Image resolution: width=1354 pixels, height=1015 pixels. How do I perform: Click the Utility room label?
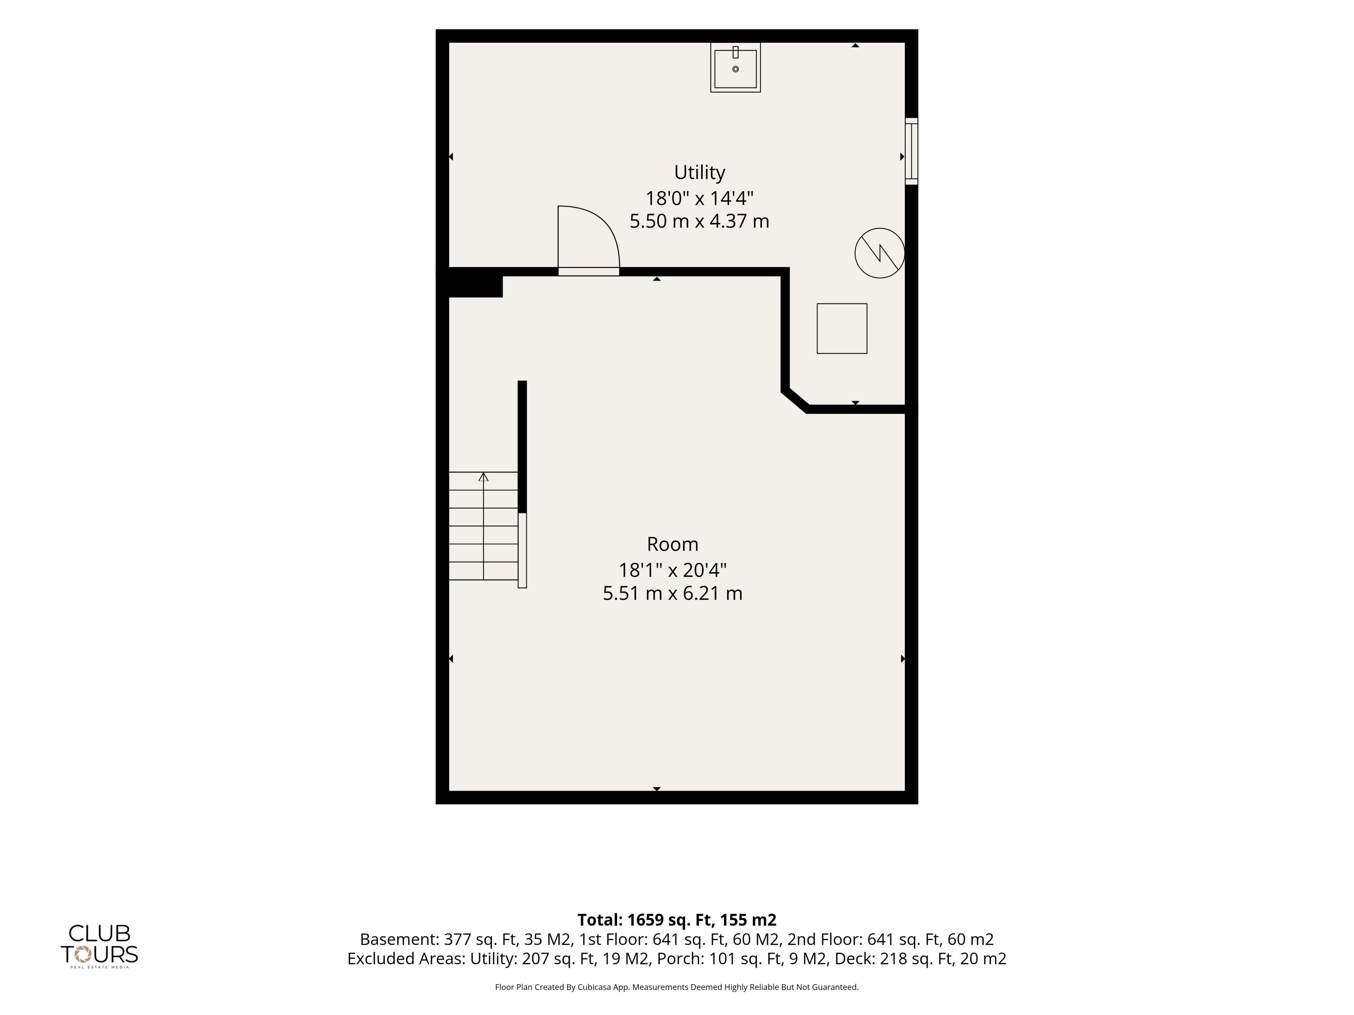(700, 173)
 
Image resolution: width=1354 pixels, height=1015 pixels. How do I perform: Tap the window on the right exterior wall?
(911, 151)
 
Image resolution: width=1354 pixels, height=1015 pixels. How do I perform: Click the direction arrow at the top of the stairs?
(483, 476)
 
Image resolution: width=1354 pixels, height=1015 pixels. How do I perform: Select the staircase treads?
(483, 526)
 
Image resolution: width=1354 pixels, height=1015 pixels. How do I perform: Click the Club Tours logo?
(99, 945)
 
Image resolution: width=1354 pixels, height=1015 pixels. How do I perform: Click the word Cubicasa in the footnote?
(595, 987)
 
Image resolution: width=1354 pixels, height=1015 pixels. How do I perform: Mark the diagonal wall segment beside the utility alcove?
(795, 401)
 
